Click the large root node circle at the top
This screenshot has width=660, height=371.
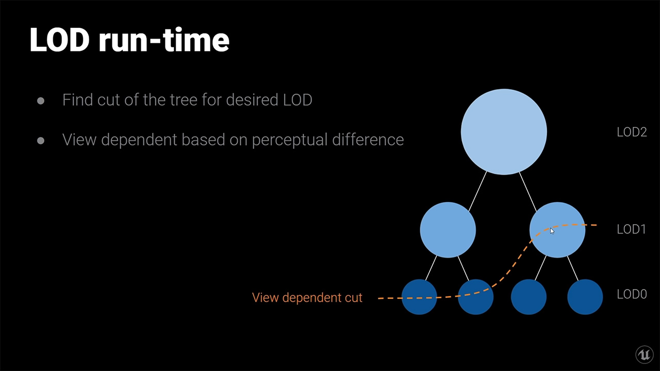[504, 131]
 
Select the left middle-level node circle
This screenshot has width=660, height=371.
[448, 230]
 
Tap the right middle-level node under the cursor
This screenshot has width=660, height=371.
[557, 230]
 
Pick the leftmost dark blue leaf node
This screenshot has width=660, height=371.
[419, 297]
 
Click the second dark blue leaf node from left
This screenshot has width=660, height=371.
[475, 297]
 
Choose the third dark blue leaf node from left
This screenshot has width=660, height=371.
[529, 297]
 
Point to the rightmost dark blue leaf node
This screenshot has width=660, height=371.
[585, 297]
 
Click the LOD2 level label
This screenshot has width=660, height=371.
[632, 132]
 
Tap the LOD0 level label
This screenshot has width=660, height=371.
[632, 294]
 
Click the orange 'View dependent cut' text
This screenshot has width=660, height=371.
[307, 297]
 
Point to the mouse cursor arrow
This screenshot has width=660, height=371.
[552, 231]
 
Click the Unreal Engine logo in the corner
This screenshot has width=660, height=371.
[645, 355]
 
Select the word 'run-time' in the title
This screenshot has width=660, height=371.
[164, 40]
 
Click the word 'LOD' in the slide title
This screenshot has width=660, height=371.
[59, 40]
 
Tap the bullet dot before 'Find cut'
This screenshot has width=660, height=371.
[41, 101]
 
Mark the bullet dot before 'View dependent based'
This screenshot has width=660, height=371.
[41, 141]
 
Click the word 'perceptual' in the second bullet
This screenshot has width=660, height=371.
[290, 140]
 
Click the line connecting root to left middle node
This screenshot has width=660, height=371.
[477, 191]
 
